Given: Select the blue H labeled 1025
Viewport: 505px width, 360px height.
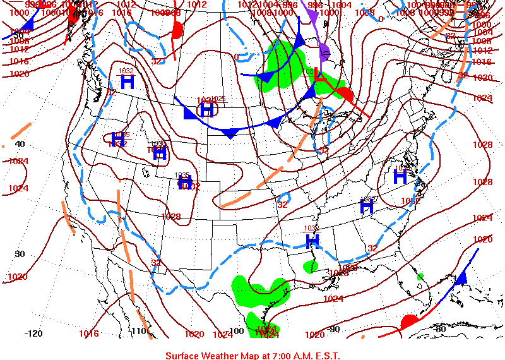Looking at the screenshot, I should [x=206, y=110].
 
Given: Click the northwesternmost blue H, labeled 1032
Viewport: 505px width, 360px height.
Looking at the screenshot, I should [x=128, y=81].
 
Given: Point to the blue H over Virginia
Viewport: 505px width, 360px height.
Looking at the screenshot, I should [x=400, y=176].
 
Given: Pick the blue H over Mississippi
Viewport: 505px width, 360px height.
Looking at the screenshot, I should [x=312, y=241].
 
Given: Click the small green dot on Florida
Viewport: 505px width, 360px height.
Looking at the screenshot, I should [x=420, y=276].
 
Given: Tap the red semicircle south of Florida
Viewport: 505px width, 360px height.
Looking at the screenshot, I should [x=409, y=320].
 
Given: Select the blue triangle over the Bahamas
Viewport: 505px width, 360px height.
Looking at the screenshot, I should [x=461, y=277].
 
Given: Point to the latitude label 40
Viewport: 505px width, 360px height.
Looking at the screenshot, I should [x=20, y=144].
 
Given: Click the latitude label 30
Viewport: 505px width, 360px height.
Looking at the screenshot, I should [x=20, y=254].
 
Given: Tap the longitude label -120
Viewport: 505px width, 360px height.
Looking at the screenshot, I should [x=33, y=333].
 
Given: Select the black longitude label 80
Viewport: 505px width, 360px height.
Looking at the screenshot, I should [x=440, y=328].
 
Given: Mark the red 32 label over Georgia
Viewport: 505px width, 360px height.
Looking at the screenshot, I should [x=372, y=248].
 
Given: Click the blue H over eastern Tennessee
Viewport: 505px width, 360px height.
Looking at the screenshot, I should [x=367, y=205].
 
